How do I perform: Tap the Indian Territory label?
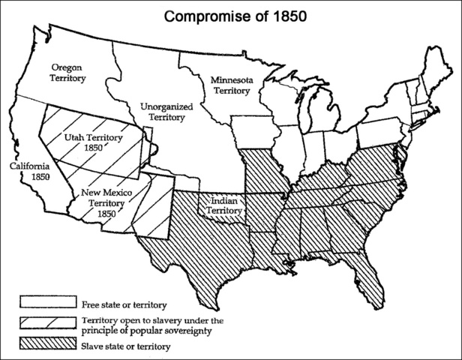[x=225, y=205]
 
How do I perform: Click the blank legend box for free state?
[x=46, y=304]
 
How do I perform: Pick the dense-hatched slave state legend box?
[x=46, y=346]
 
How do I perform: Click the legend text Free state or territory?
[x=122, y=304]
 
